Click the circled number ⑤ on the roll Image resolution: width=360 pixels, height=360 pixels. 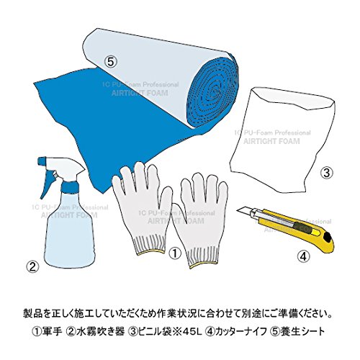point(110,63)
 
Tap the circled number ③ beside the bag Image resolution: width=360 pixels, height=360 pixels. point(327,173)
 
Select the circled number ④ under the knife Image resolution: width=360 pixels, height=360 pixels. point(303,257)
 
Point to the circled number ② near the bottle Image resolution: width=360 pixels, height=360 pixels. point(32,266)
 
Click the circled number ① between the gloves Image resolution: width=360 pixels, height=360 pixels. point(175,253)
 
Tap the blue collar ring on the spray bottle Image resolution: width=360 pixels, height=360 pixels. point(69,187)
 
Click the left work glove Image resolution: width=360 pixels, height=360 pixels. point(143,207)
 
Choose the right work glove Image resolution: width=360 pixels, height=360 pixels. point(200,221)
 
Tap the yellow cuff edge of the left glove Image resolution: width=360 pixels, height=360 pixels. point(150,252)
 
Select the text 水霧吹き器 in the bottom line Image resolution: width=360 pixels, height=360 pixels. point(100,332)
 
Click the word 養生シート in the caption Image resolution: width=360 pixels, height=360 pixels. point(302,332)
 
